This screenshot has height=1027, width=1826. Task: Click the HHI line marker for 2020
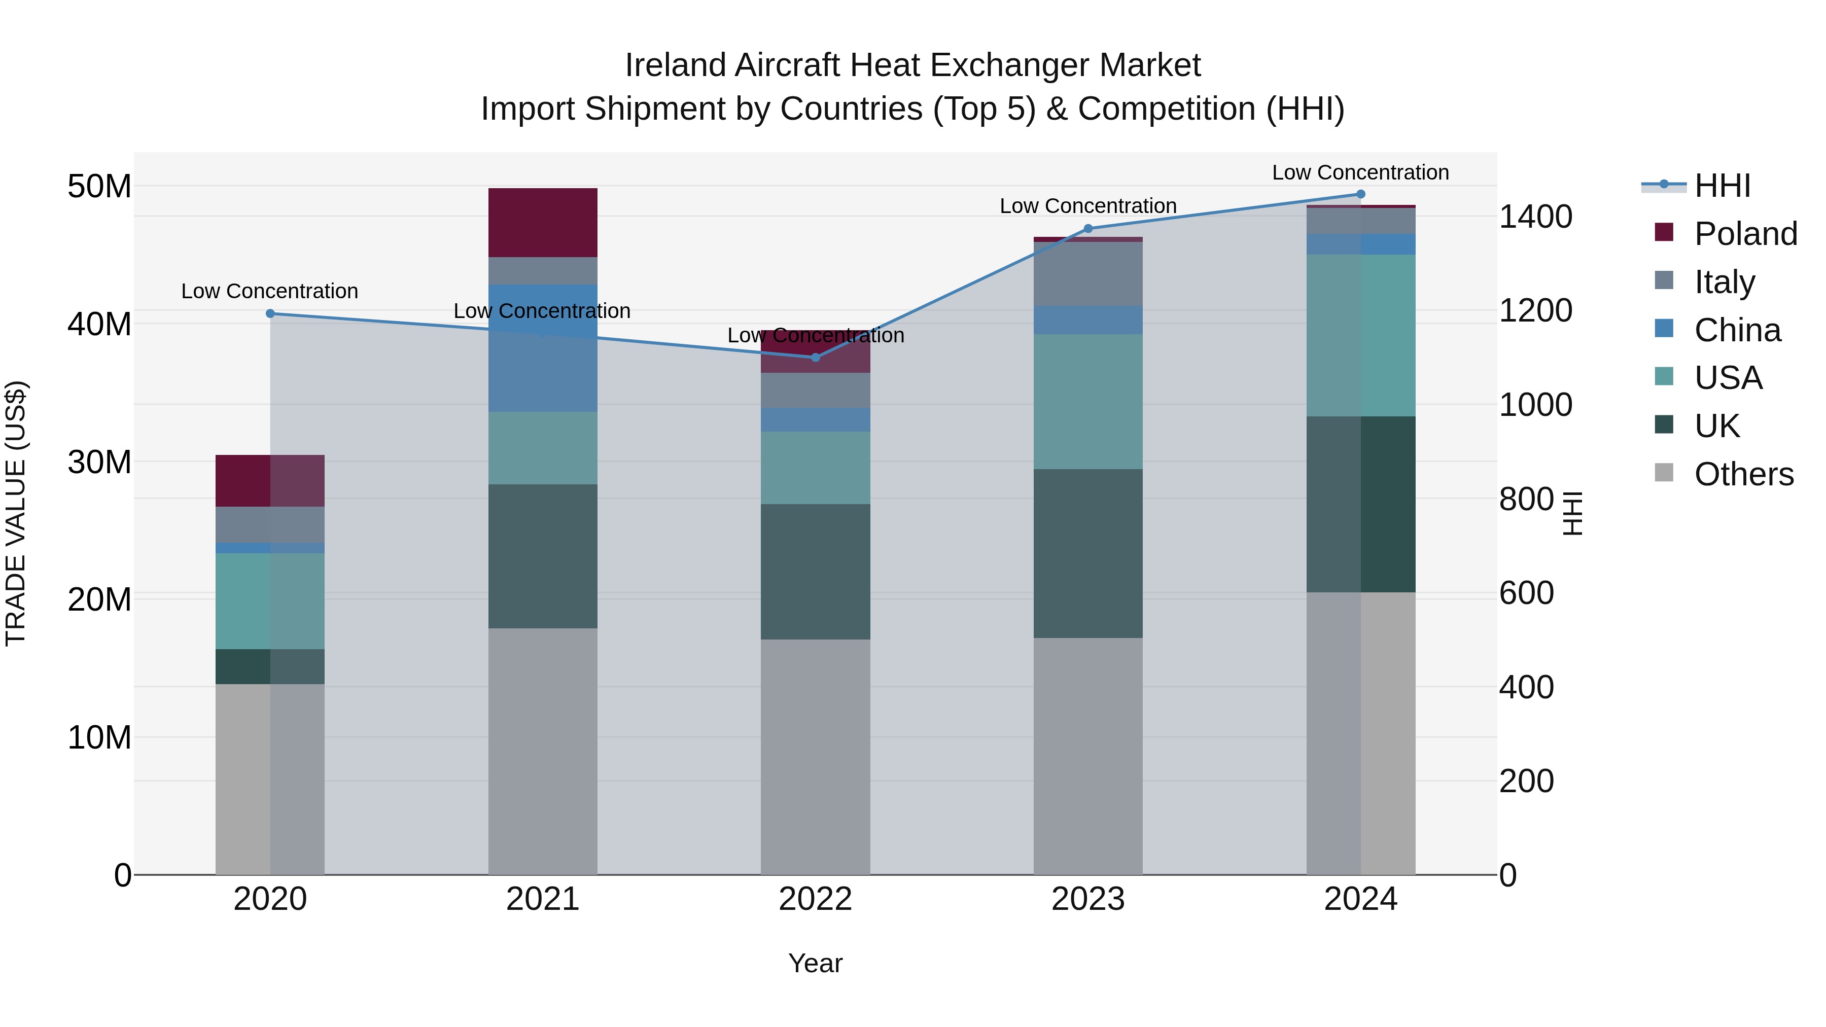click(270, 313)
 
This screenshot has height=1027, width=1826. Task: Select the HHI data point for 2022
click(815, 357)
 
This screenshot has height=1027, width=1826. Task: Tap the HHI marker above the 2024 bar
click(1360, 194)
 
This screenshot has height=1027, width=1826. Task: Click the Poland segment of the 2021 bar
click(542, 223)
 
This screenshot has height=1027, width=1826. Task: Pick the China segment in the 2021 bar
click(542, 347)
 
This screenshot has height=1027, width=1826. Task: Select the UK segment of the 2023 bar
click(1087, 553)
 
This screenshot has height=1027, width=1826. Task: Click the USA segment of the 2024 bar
click(1360, 335)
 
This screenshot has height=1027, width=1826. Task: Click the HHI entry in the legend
click(1723, 186)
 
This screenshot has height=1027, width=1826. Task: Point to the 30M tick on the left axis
click(99, 462)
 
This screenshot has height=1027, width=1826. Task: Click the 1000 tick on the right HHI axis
click(1535, 405)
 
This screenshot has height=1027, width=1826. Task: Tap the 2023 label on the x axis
click(1087, 899)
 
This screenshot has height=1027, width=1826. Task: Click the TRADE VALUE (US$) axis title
click(16, 513)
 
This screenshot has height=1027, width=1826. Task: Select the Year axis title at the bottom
click(815, 963)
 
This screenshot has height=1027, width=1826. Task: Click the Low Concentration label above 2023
click(1087, 206)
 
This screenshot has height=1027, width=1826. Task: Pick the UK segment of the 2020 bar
click(270, 666)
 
